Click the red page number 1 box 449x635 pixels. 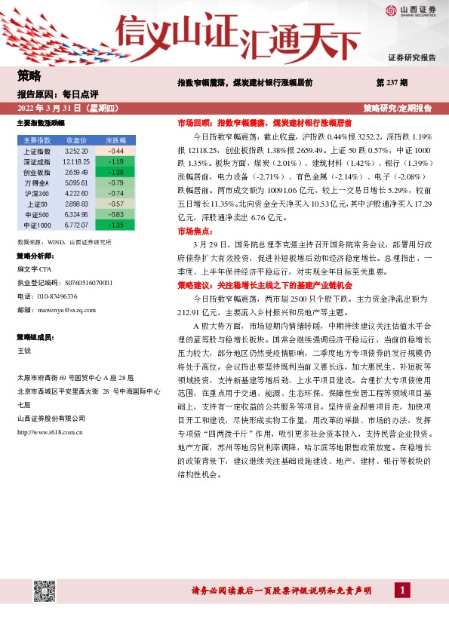pos(404,590)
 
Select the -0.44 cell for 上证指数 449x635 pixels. pos(116,152)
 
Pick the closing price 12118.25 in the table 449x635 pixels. pos(77,162)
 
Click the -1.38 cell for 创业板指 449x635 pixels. pos(116,172)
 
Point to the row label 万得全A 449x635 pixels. pos(37,183)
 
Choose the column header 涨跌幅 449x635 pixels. pos(116,141)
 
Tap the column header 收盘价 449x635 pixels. pos(77,141)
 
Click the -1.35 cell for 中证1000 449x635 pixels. pos(116,225)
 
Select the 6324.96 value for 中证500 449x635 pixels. pos(77,214)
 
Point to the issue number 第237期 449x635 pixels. pos(392,82)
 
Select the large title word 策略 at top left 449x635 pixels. pos(29,75)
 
